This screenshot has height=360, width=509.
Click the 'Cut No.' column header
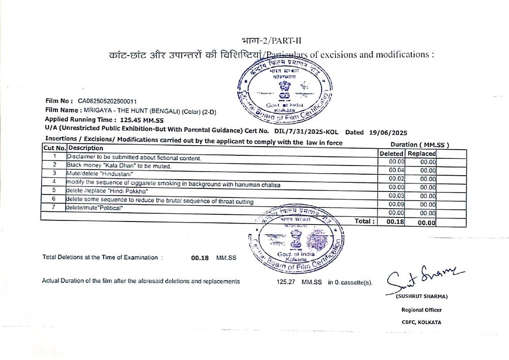[x=54, y=148]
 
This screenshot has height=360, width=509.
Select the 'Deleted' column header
[x=391, y=153]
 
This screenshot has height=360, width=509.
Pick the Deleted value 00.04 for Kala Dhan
[x=397, y=170]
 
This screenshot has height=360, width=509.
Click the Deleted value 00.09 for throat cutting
[x=397, y=204]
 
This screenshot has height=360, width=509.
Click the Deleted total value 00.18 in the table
[x=395, y=222]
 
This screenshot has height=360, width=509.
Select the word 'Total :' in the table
[x=365, y=221]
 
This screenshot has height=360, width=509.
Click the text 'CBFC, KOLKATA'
[x=421, y=322]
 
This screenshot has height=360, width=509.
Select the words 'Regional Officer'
[x=421, y=310]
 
